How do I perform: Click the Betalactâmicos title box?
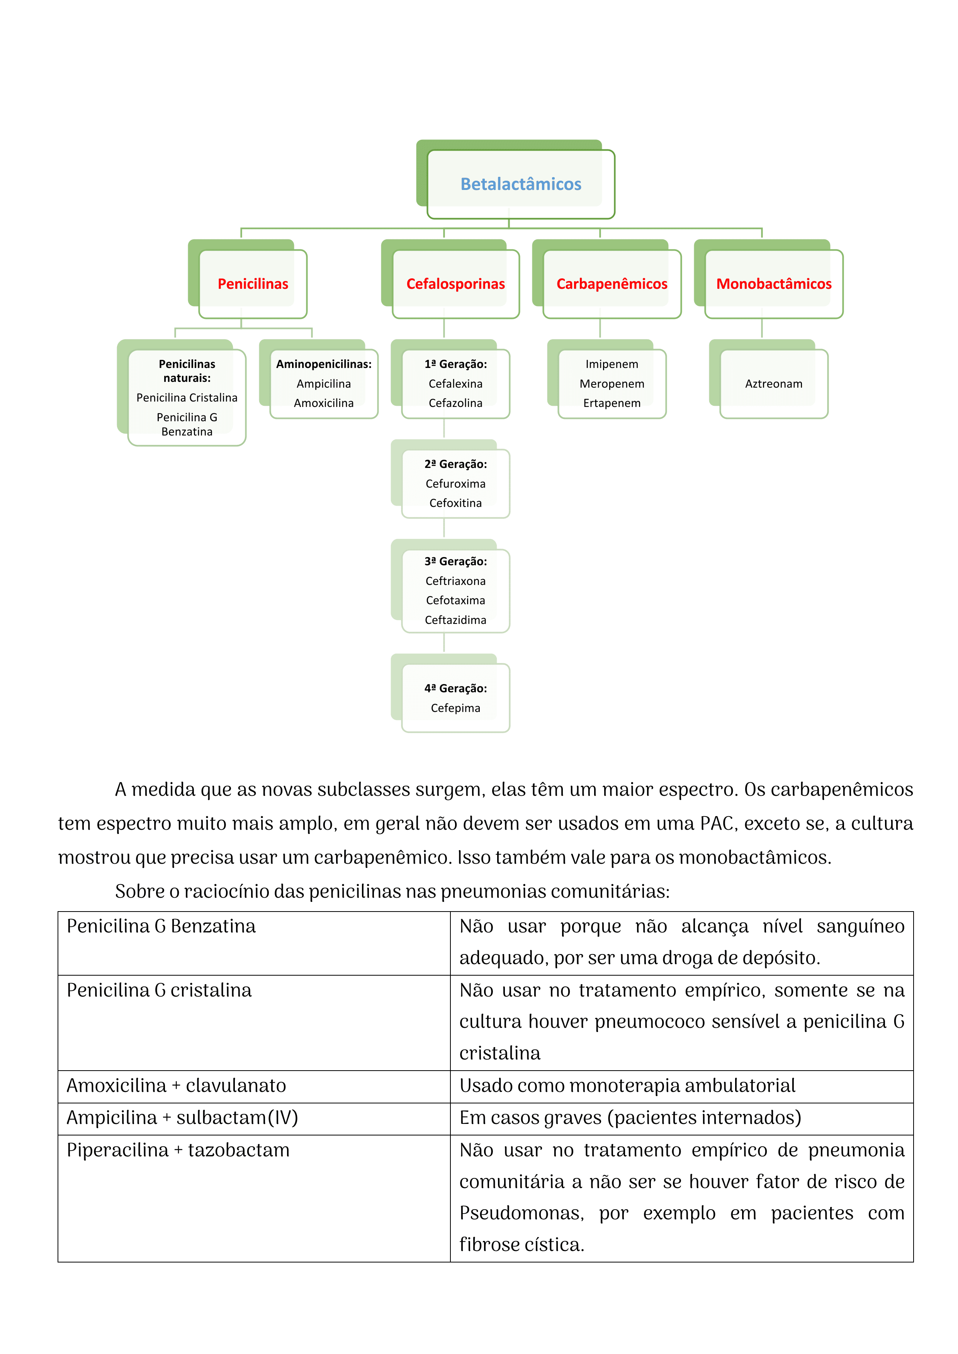tap(520, 184)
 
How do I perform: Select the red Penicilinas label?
tap(253, 284)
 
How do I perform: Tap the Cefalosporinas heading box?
tap(455, 284)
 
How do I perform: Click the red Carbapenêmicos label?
tap(612, 284)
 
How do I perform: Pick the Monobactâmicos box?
tap(773, 284)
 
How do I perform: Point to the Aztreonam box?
tap(773, 384)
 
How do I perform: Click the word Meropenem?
tap(612, 384)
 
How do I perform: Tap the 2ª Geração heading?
tap(455, 464)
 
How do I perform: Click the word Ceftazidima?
tap(455, 620)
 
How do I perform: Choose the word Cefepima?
tap(455, 708)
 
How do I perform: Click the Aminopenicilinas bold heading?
tap(324, 364)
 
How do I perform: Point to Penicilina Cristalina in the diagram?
tap(187, 397)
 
